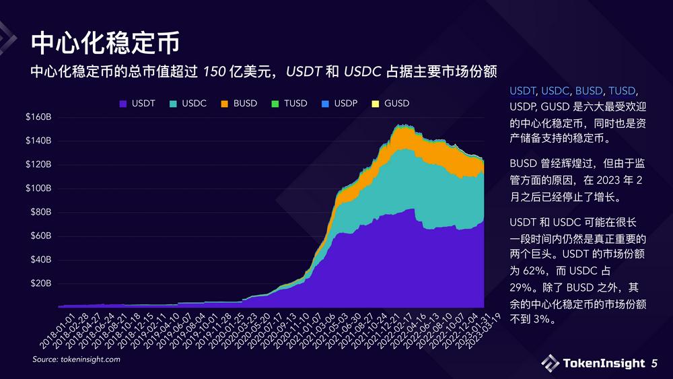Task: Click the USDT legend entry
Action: tap(137, 104)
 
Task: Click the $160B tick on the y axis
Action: tap(38, 117)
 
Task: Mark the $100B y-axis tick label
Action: tap(38, 188)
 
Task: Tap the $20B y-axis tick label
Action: tap(40, 283)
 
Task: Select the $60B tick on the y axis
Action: tap(40, 236)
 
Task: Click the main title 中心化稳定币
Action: tap(106, 42)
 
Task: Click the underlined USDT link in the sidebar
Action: tap(522, 91)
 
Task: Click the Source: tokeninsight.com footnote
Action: tap(77, 360)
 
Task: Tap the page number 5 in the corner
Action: tap(654, 364)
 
